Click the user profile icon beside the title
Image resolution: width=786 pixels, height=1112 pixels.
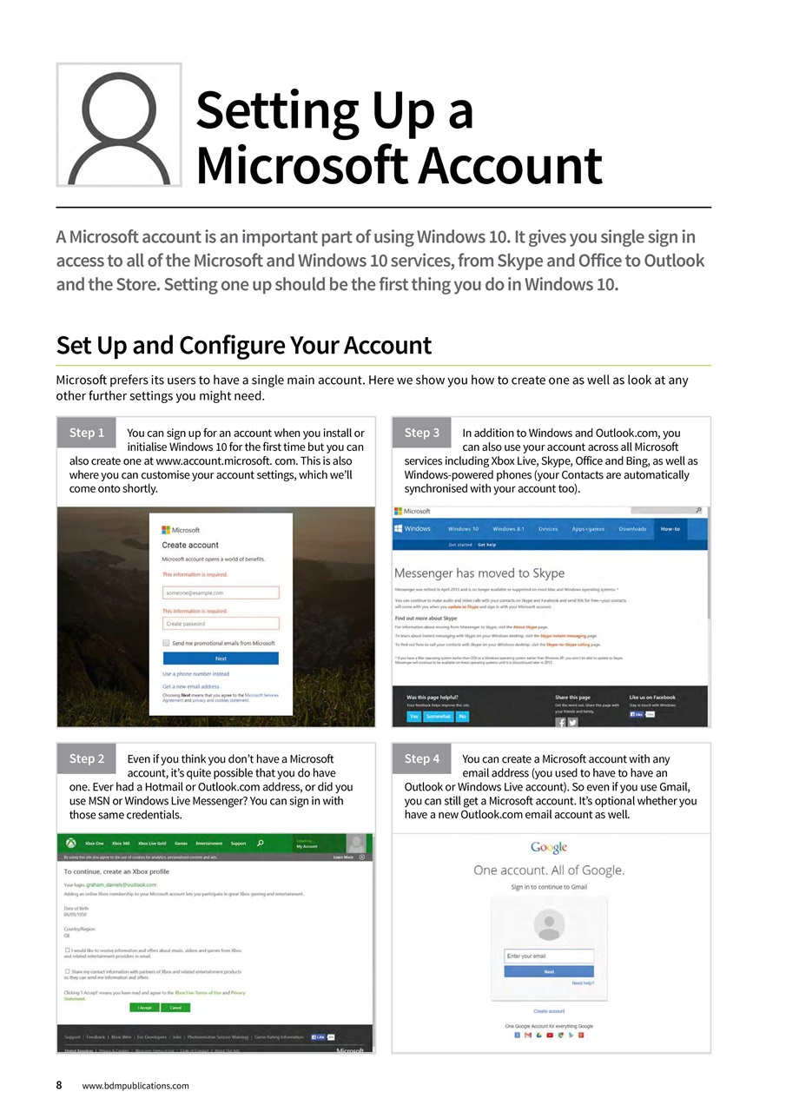pos(119,125)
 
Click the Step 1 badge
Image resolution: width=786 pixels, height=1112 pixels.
pos(87,433)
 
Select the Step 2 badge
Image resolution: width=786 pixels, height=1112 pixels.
pos(87,758)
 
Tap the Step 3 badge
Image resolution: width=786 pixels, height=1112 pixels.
pos(423,433)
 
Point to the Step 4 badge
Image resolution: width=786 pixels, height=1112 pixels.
pos(423,758)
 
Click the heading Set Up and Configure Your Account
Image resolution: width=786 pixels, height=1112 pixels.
pos(243,346)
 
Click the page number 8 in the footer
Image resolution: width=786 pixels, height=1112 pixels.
pos(59,1085)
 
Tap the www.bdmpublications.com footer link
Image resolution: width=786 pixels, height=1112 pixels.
pos(135,1086)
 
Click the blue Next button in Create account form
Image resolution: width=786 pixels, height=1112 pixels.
pos(221,659)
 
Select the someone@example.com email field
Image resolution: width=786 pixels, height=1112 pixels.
pos(221,592)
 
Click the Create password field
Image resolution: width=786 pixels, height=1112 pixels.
pos(221,624)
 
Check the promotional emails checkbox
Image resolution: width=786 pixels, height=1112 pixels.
pos(166,643)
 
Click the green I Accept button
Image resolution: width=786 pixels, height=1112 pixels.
pos(144,1008)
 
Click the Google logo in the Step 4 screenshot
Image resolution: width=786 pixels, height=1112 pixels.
pos(548,848)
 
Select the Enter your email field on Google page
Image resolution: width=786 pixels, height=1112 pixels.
pos(548,956)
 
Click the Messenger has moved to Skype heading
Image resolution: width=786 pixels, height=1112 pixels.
pos(479,573)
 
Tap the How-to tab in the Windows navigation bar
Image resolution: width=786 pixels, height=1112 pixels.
pos(670,529)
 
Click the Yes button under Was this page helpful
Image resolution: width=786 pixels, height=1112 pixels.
pos(414,717)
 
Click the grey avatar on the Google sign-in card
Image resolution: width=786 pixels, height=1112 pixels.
pos(548,923)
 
